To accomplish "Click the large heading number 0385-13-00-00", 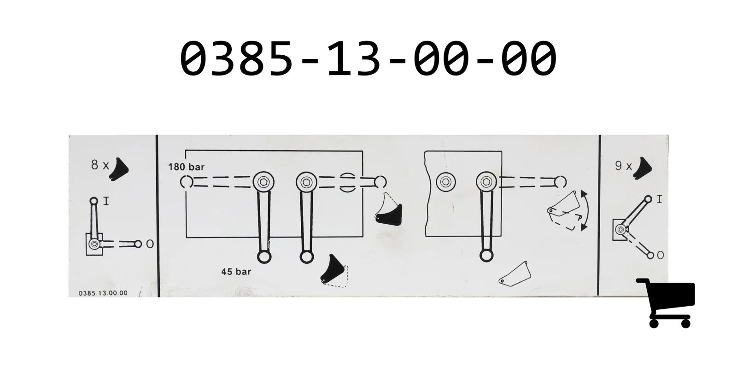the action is pyautogui.click(x=368, y=58).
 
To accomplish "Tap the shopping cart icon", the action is pyautogui.click(x=666, y=303).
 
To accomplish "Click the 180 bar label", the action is pyautogui.click(x=186, y=167).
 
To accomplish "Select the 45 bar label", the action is pyautogui.click(x=236, y=272).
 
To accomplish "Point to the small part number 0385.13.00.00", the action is pyautogui.click(x=103, y=293).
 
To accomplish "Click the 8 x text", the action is pyautogui.click(x=99, y=165).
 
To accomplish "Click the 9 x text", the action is pyautogui.click(x=624, y=165).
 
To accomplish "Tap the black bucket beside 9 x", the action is pyautogui.click(x=642, y=168).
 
